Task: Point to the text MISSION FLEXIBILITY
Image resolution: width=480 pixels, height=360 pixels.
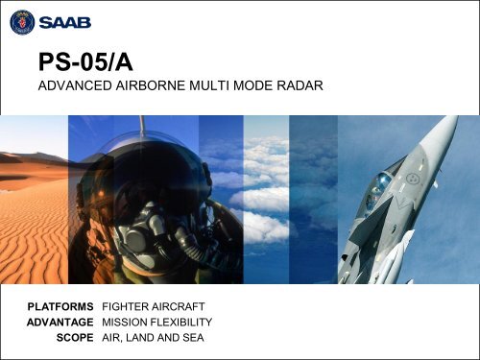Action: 156,321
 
